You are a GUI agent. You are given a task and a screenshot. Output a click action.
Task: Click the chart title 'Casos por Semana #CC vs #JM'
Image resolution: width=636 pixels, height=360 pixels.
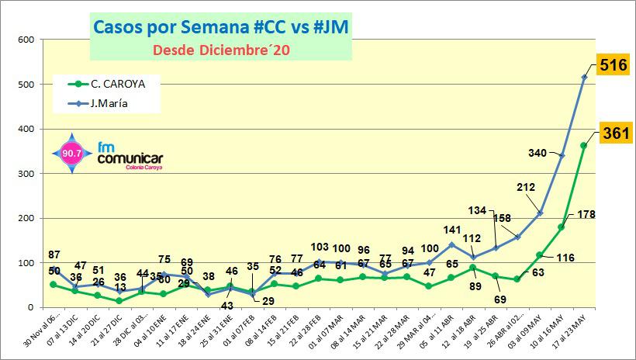(x=220, y=27)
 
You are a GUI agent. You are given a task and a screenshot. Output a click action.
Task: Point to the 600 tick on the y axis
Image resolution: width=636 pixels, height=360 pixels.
(x=25, y=40)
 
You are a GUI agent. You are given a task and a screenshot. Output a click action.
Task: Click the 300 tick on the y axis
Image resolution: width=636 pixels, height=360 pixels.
(x=25, y=174)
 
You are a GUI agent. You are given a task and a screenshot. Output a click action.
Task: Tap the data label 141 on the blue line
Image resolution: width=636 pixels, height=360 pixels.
(x=451, y=230)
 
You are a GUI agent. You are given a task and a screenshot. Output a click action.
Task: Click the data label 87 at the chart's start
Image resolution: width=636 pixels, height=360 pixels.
(x=54, y=255)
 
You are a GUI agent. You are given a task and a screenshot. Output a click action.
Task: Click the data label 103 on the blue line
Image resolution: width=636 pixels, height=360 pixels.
(x=320, y=247)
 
